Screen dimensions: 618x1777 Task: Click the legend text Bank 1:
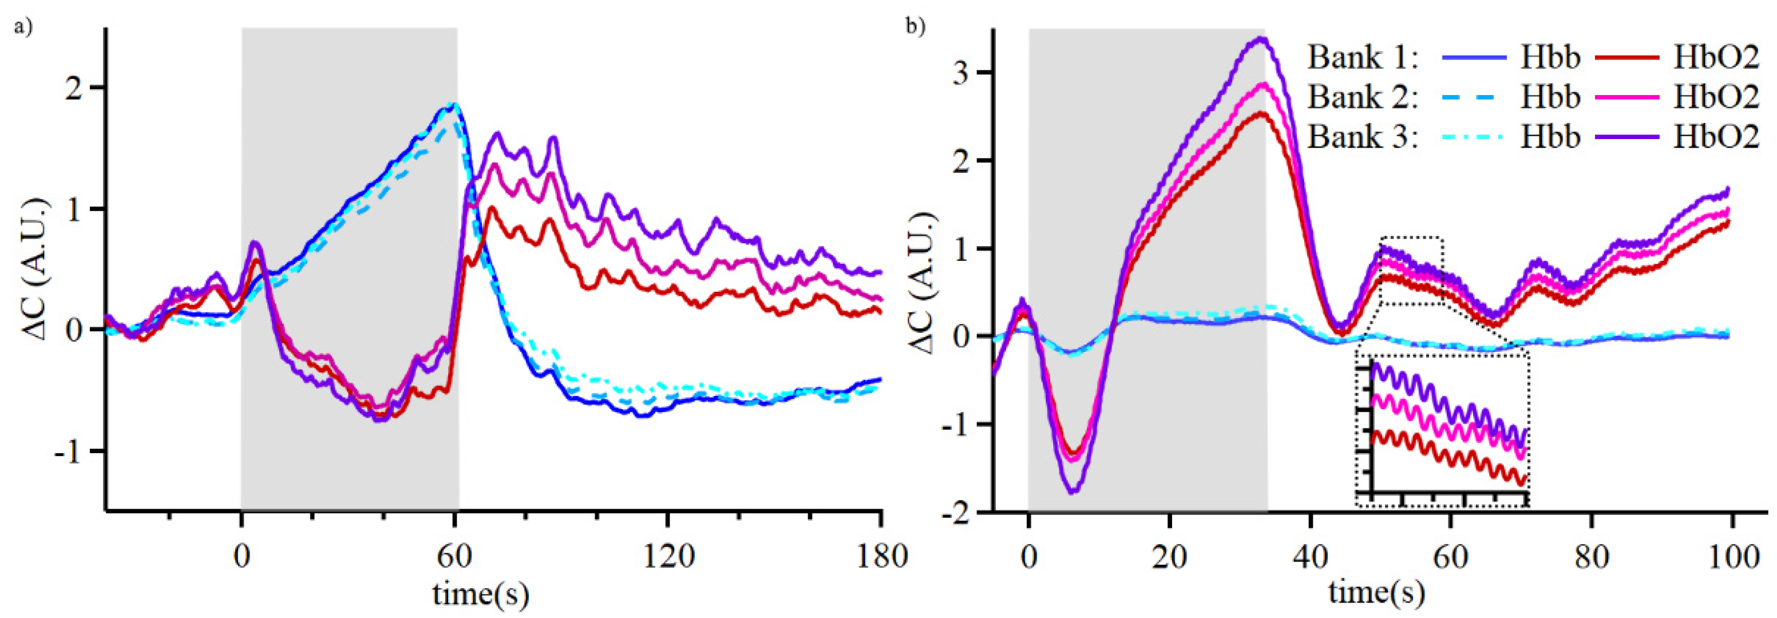click(x=1363, y=58)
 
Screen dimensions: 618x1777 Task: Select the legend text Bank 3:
click(x=1363, y=137)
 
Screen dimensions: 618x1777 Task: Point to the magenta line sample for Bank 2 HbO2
click(x=1626, y=98)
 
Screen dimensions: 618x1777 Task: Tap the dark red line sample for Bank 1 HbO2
click(x=1626, y=58)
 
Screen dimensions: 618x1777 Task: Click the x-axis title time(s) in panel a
click(x=481, y=593)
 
